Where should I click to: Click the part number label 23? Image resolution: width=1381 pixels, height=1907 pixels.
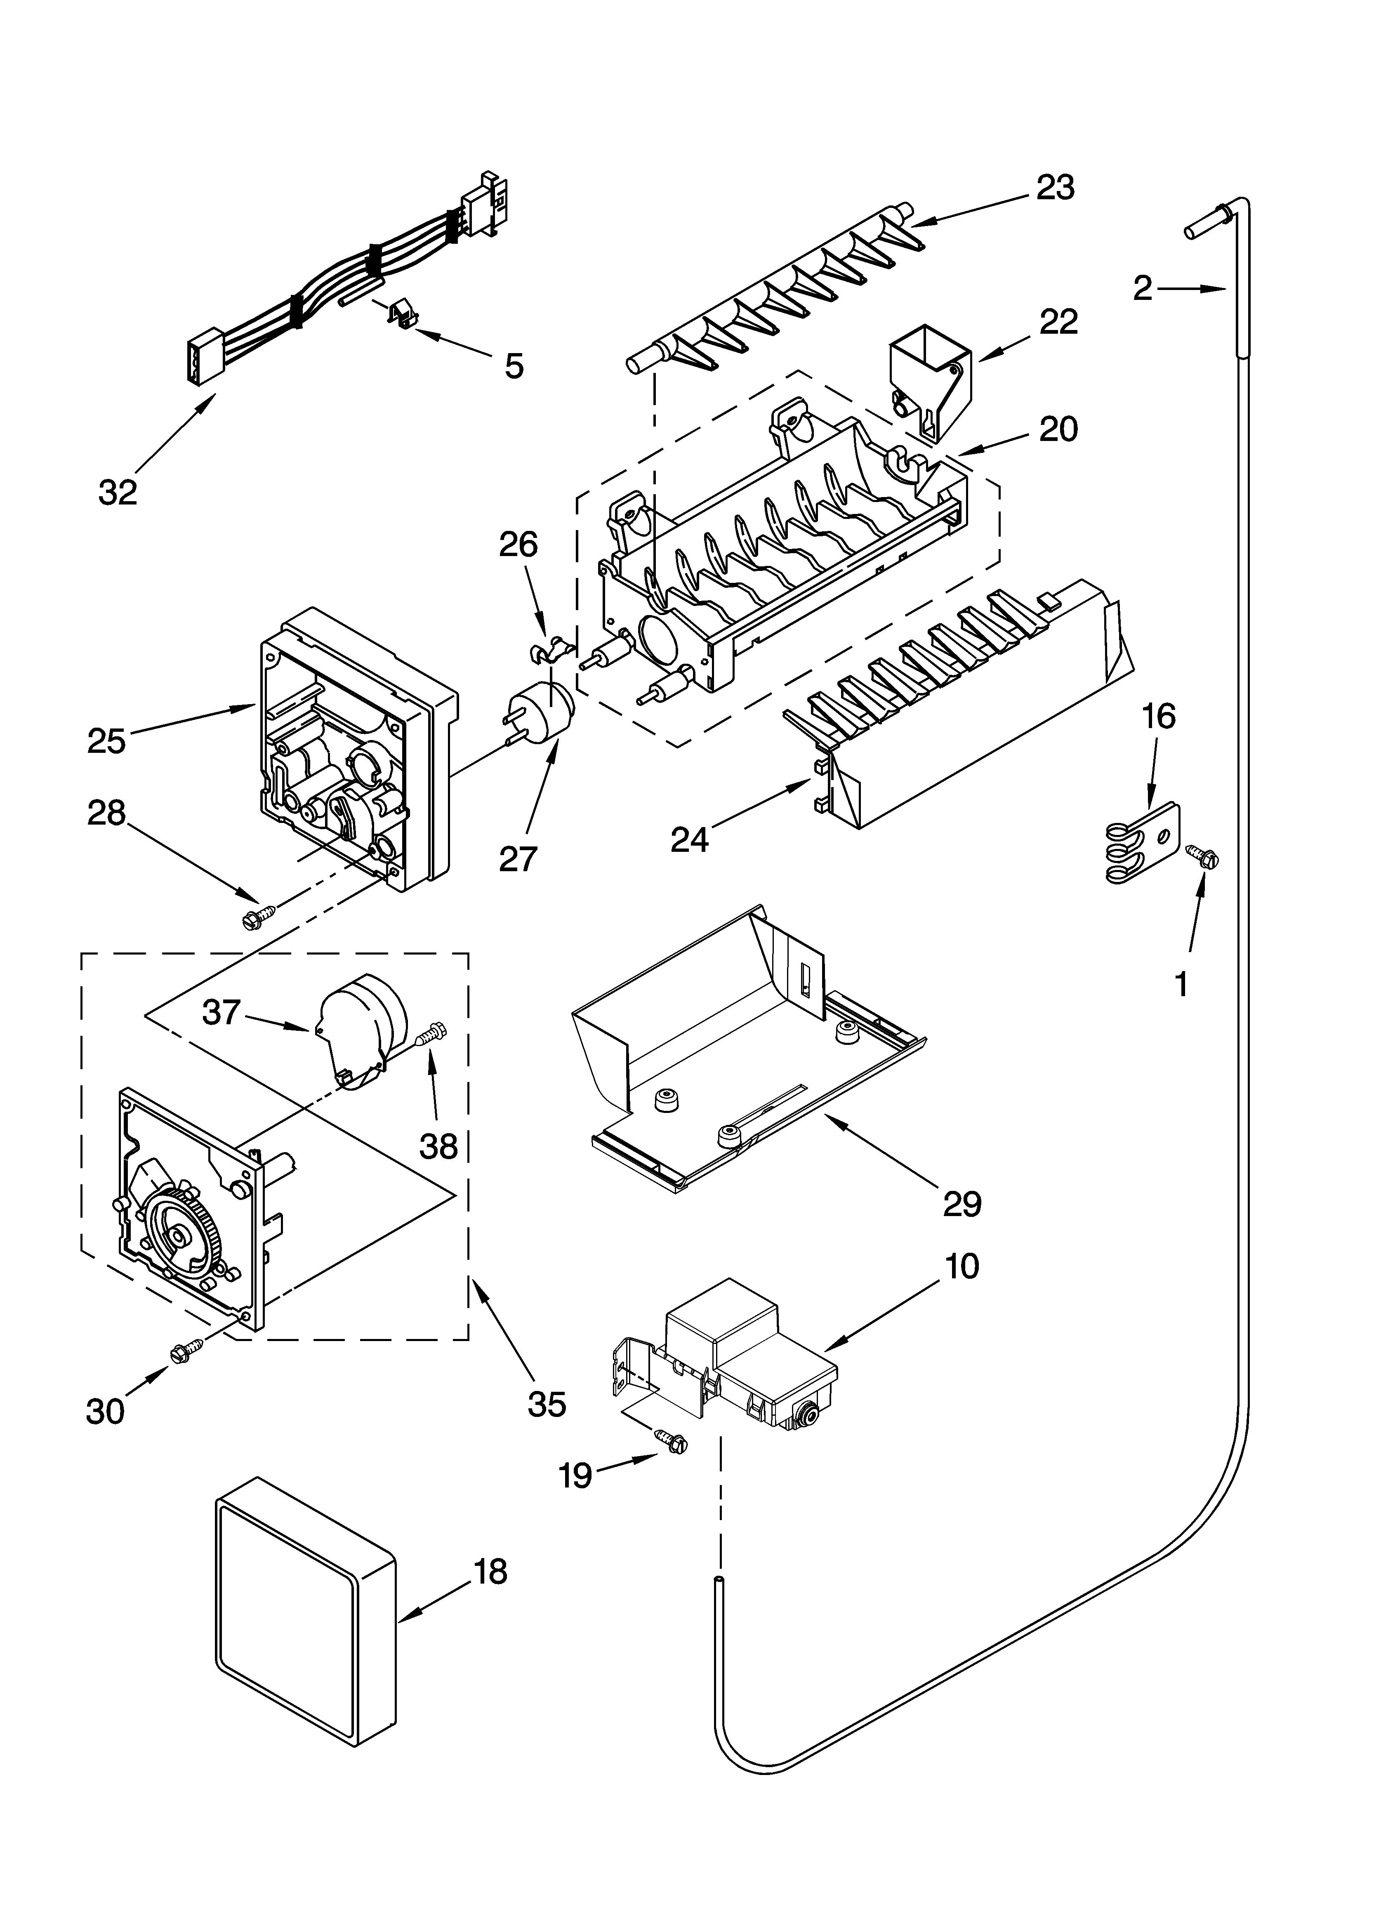(1055, 188)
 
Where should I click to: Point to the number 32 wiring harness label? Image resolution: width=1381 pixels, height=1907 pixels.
(118, 492)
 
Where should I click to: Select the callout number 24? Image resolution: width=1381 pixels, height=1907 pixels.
(690, 839)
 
